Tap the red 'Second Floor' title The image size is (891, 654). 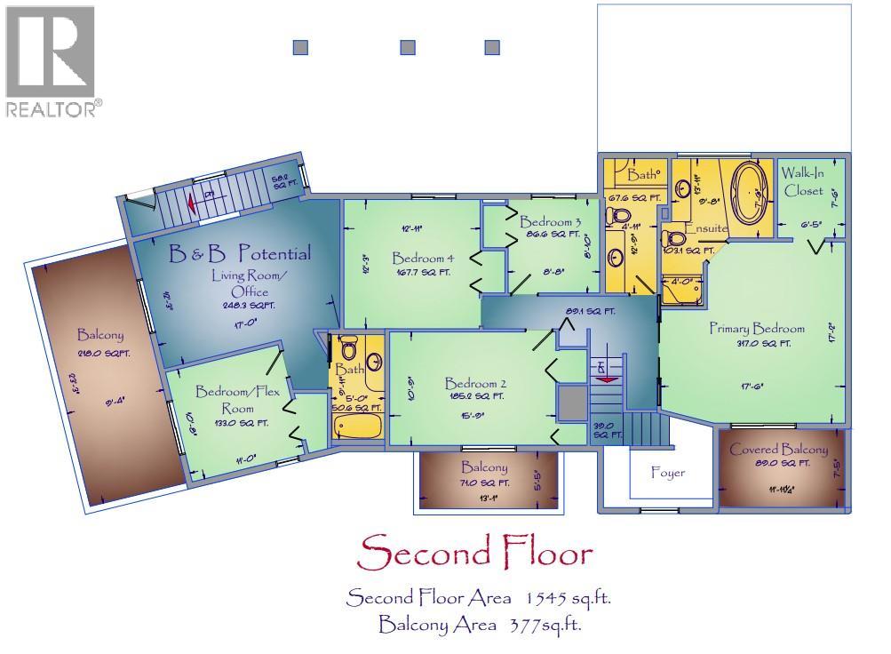coord(473,554)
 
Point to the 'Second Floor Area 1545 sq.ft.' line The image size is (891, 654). coord(479,597)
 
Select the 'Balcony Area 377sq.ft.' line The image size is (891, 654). coord(480,625)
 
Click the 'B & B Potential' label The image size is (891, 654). coord(241,254)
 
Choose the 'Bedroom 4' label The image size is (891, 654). coord(424,259)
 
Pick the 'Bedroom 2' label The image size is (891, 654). coord(475,383)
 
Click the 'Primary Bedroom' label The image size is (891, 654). coord(756,328)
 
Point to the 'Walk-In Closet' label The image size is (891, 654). coord(803,182)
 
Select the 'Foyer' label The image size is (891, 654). coord(668,473)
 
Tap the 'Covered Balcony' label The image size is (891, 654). coord(778,450)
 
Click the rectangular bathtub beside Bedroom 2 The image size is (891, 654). coord(359,425)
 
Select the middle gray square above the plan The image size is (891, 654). coord(408,48)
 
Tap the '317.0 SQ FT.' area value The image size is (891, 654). coord(757,343)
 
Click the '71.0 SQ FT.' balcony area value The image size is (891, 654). coord(484,483)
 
